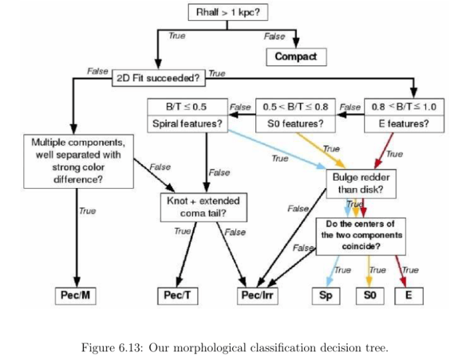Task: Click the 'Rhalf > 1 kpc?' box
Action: [x=226, y=13]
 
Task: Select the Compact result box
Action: [x=296, y=56]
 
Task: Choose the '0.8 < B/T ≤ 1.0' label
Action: [x=404, y=107]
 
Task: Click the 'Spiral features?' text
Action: [x=187, y=123]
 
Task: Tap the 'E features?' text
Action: [x=404, y=123]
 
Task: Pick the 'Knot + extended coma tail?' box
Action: [x=202, y=206]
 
